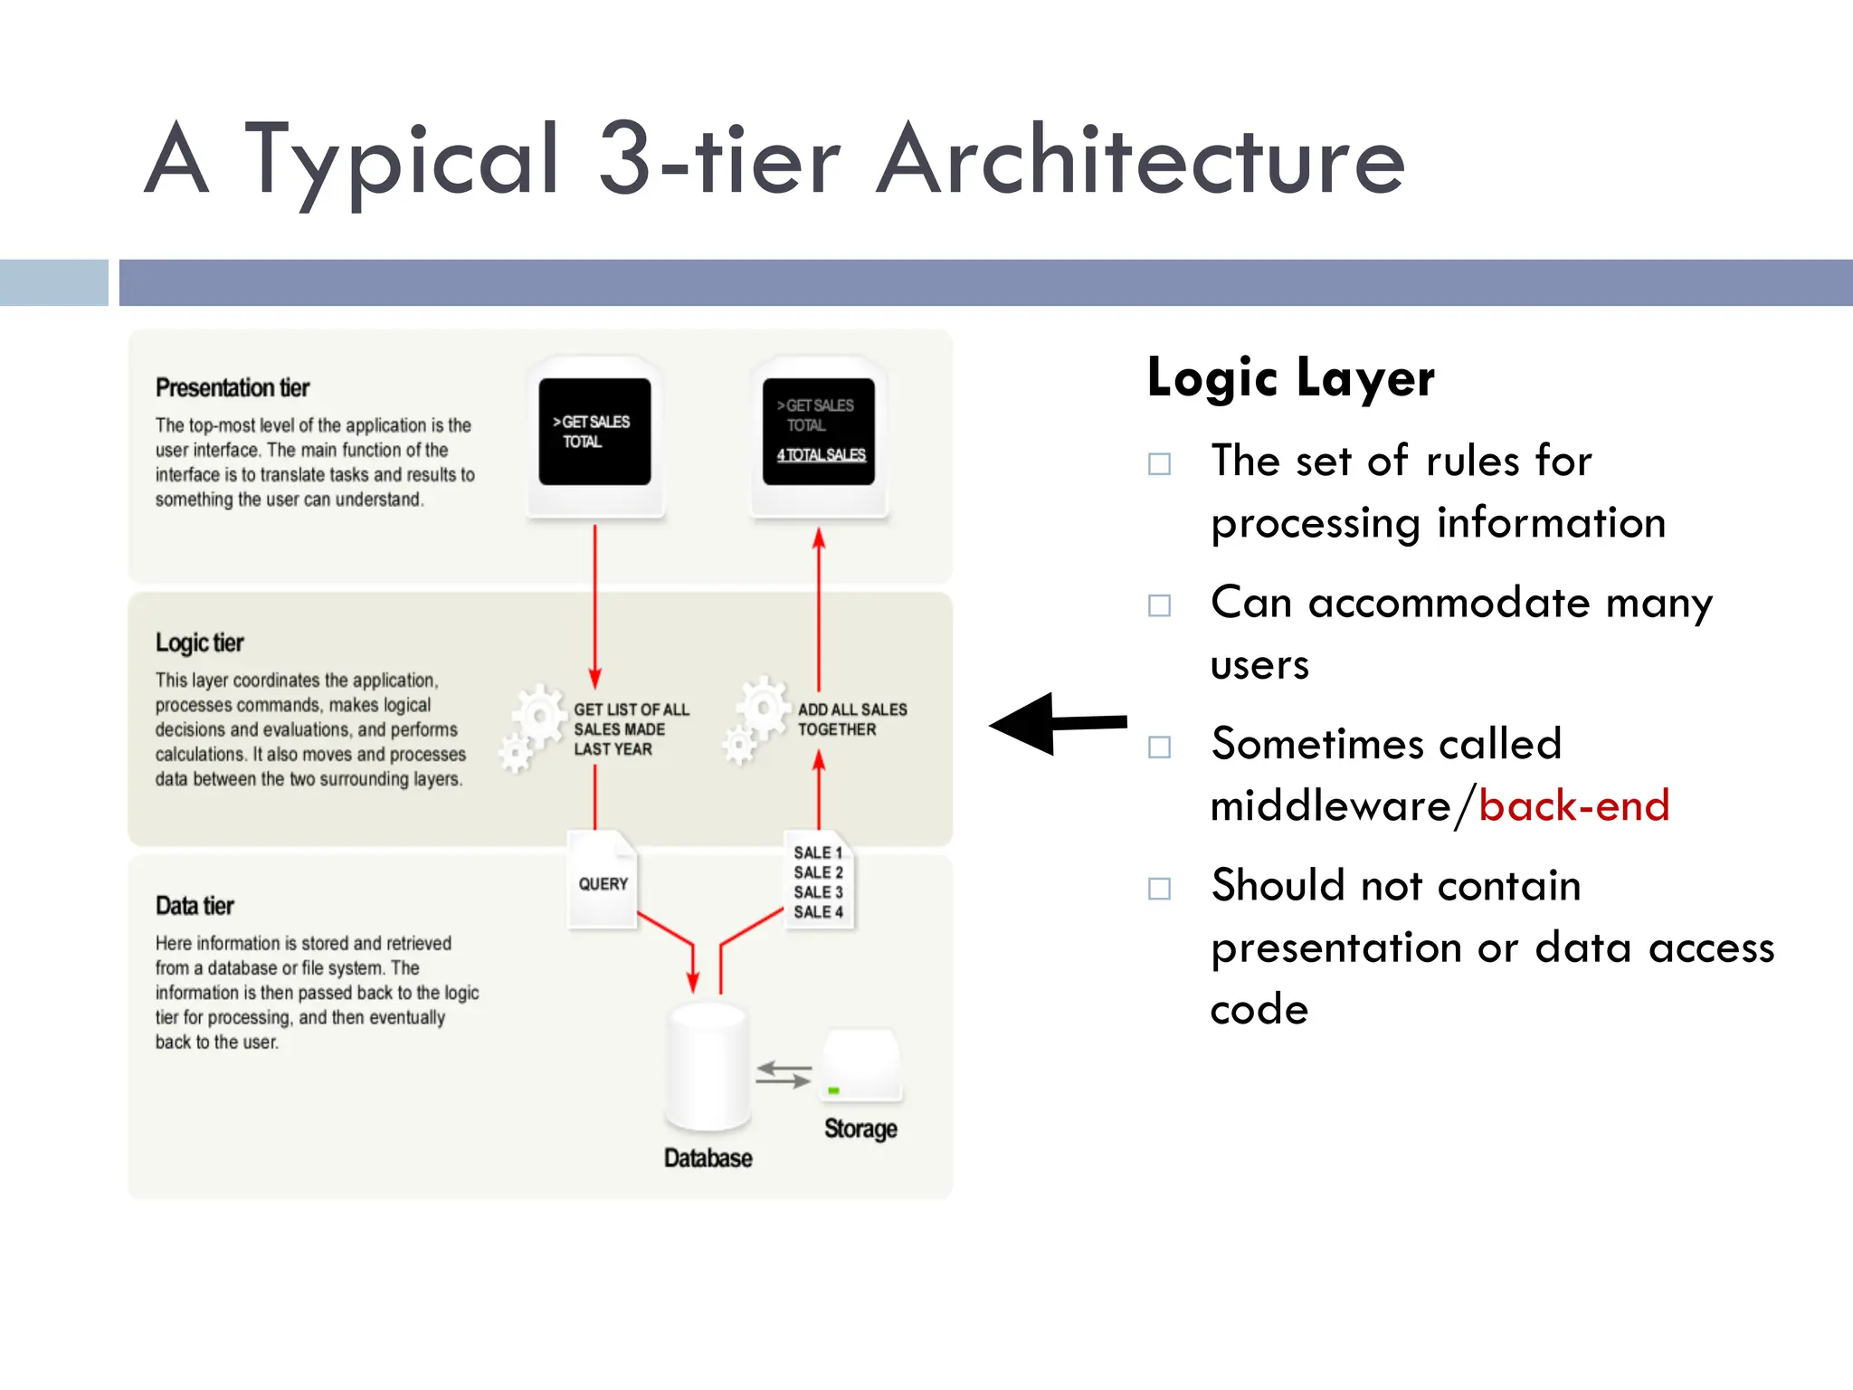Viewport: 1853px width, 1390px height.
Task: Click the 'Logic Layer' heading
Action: pyautogui.click(x=1290, y=377)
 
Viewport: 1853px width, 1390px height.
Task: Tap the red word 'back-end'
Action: pyautogui.click(x=1573, y=805)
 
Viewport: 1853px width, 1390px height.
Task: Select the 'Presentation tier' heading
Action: pyautogui.click(x=233, y=388)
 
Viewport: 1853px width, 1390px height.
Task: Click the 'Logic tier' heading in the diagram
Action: pyautogui.click(x=200, y=643)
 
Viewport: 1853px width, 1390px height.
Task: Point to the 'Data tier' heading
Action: pyautogui.click(x=195, y=906)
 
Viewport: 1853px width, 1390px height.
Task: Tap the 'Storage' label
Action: pyautogui.click(x=860, y=1128)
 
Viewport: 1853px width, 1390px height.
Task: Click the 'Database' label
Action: pyautogui.click(x=708, y=1158)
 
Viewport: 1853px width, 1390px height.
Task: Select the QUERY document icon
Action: pyautogui.click(x=603, y=880)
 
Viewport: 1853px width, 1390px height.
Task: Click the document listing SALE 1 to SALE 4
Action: pyautogui.click(x=818, y=881)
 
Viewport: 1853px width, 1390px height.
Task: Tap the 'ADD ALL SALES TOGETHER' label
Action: pyautogui.click(x=851, y=719)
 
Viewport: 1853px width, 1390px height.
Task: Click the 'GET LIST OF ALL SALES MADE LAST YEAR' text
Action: pyautogui.click(x=631, y=729)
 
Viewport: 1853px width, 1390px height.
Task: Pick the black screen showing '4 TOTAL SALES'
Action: pyautogui.click(x=819, y=433)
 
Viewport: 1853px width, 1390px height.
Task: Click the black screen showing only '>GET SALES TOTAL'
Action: pyautogui.click(x=594, y=433)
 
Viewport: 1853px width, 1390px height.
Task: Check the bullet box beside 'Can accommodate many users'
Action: pyautogui.click(x=1159, y=605)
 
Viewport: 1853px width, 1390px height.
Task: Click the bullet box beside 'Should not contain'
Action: pyautogui.click(x=1159, y=888)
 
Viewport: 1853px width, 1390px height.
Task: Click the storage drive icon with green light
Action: pyautogui.click(x=860, y=1065)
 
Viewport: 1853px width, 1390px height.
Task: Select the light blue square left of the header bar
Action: pyautogui.click(x=53, y=282)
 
